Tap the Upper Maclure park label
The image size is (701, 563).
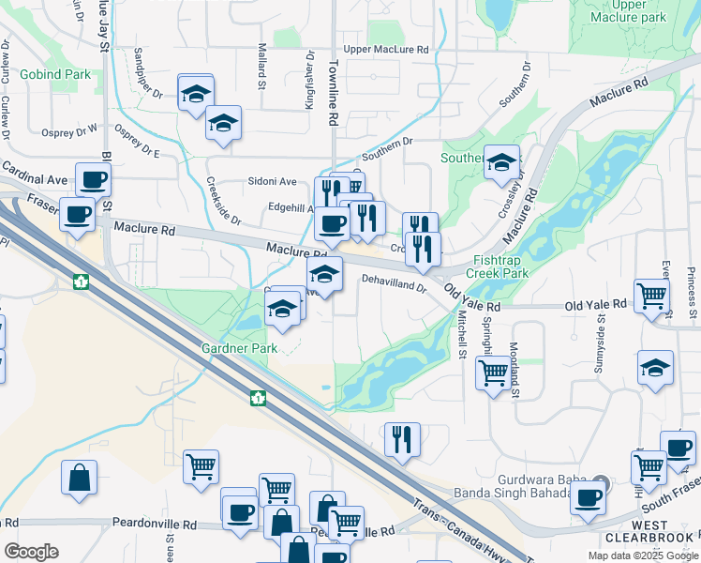point(629,11)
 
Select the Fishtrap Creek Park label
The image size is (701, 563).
point(501,266)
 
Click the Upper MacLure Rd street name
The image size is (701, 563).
point(386,49)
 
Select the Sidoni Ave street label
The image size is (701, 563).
point(272,181)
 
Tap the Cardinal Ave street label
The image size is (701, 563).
point(34,174)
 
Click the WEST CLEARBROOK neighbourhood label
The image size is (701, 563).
point(649,531)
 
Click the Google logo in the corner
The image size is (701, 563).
point(31,551)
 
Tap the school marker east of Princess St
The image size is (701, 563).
point(655,368)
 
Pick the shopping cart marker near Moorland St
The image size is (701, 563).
point(493,373)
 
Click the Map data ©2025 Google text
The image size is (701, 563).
point(642,555)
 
